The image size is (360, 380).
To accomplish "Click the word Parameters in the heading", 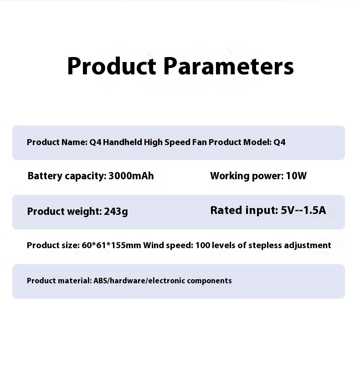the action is pos(229,66).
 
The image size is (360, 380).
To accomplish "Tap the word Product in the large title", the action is pos(112,66).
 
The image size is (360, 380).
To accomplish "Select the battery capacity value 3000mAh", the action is pos(131,176).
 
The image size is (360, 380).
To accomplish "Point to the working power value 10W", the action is pos(296,176).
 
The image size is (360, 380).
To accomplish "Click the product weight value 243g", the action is pos(116,212).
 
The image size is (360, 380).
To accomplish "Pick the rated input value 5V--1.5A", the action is pos(303,210).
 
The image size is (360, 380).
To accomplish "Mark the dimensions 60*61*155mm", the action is pos(111,245).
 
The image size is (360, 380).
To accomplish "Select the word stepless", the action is pos(265,245).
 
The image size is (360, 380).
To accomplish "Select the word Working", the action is pos(230,176).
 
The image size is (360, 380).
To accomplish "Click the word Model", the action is pos(257,142).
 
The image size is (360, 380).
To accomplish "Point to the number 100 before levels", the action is pos(203,245).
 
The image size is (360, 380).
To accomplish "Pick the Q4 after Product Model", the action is pos(280,142).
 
